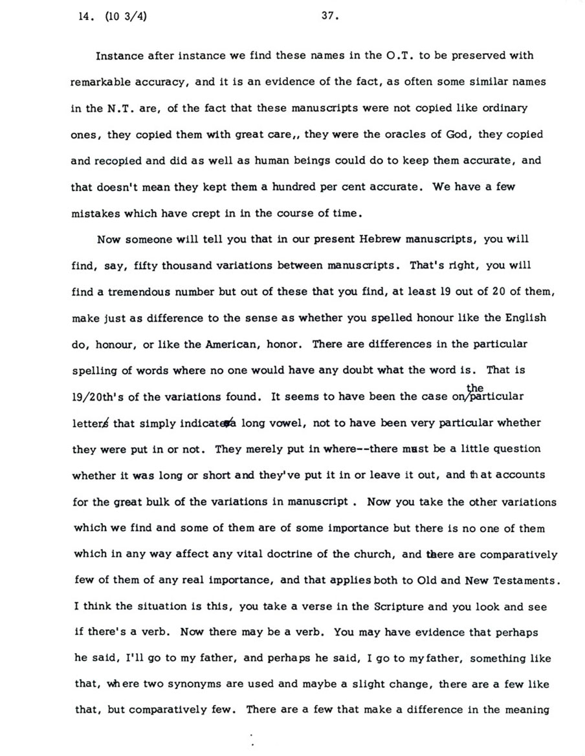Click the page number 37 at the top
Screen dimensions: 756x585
pyautogui.click(x=329, y=17)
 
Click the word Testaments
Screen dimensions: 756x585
pyautogui.click(x=522, y=581)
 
